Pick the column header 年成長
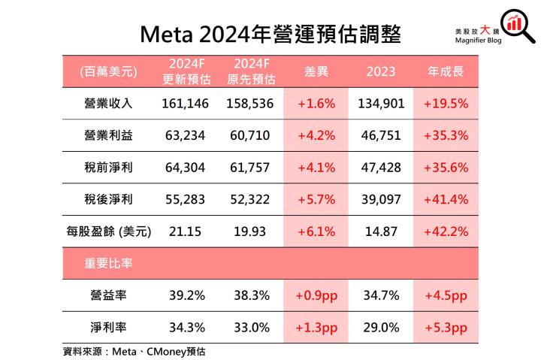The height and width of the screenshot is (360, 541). pos(446,72)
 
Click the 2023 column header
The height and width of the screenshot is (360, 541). pos(381,72)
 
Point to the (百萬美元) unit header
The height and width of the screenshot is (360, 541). pos(108,72)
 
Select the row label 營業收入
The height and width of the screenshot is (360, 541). pos(108,104)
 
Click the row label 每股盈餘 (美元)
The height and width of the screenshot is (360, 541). pos(108,231)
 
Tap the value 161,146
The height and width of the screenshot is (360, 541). pos(185,104)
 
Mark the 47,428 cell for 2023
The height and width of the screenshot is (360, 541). pos(381,168)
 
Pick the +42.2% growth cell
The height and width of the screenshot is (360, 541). pos(446,231)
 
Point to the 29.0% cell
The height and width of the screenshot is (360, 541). pos(381,328)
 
